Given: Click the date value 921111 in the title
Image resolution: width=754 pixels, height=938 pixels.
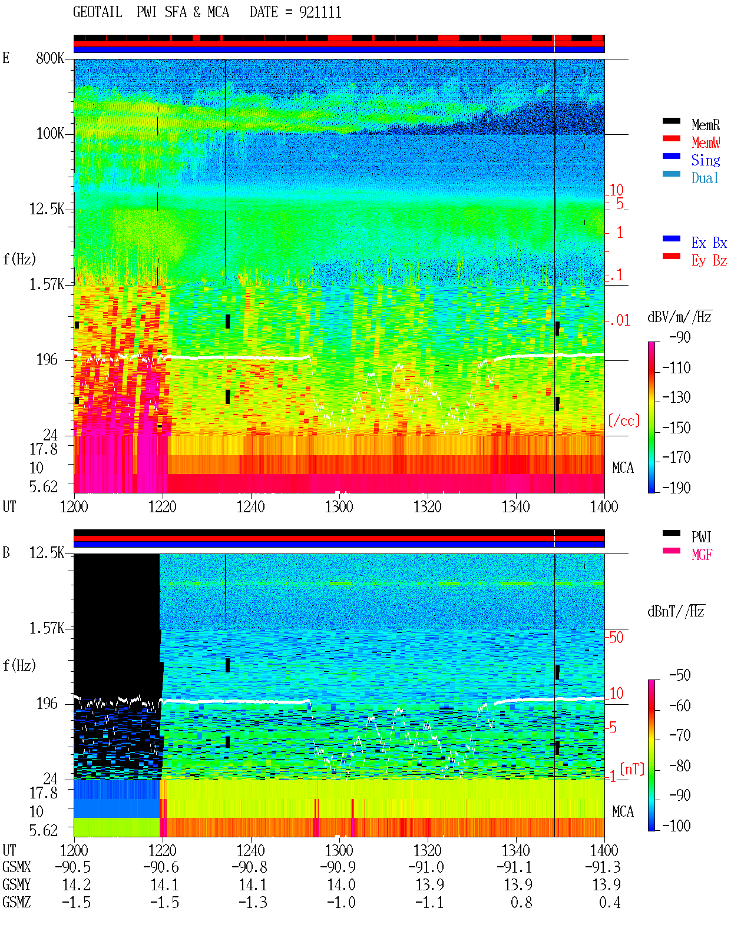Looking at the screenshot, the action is coord(320,12).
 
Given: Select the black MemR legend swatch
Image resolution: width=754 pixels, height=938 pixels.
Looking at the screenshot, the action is coord(671,121).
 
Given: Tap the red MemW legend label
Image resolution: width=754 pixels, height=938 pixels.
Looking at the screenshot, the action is coord(705,142).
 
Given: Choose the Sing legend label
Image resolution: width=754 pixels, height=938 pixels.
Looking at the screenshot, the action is coord(705,160).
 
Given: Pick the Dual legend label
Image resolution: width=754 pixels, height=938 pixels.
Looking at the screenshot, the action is coord(705,178).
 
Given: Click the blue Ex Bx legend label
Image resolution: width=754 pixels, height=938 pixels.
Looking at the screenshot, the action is coord(709,243).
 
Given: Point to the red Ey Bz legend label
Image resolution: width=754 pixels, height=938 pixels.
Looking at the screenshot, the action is coord(709,261).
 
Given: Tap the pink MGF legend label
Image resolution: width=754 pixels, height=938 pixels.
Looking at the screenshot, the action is coord(702,555).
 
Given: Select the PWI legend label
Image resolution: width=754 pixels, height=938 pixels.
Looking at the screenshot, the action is coord(701,536).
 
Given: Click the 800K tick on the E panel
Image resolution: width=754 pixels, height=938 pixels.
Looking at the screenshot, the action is coord(50,58).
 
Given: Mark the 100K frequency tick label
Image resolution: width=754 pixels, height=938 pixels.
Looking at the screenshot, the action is coord(50,134).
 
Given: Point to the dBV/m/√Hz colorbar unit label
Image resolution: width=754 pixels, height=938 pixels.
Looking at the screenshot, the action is coord(679,317).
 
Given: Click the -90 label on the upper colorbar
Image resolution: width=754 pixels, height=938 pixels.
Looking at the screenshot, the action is coord(680,337).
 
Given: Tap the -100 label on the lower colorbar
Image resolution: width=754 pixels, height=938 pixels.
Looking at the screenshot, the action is coord(676,826).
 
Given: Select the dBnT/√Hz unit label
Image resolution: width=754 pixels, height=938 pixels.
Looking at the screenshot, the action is coord(676,612).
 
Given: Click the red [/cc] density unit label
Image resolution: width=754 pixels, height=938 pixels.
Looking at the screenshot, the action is coord(624,420).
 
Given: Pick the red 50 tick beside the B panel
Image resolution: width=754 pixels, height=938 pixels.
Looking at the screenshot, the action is coord(616,637).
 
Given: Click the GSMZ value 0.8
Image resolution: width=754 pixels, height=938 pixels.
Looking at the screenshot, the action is coord(521,903).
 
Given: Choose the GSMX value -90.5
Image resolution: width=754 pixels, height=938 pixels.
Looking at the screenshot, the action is coord(73,867).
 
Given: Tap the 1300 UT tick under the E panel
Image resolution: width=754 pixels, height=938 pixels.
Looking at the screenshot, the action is coord(339,506).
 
